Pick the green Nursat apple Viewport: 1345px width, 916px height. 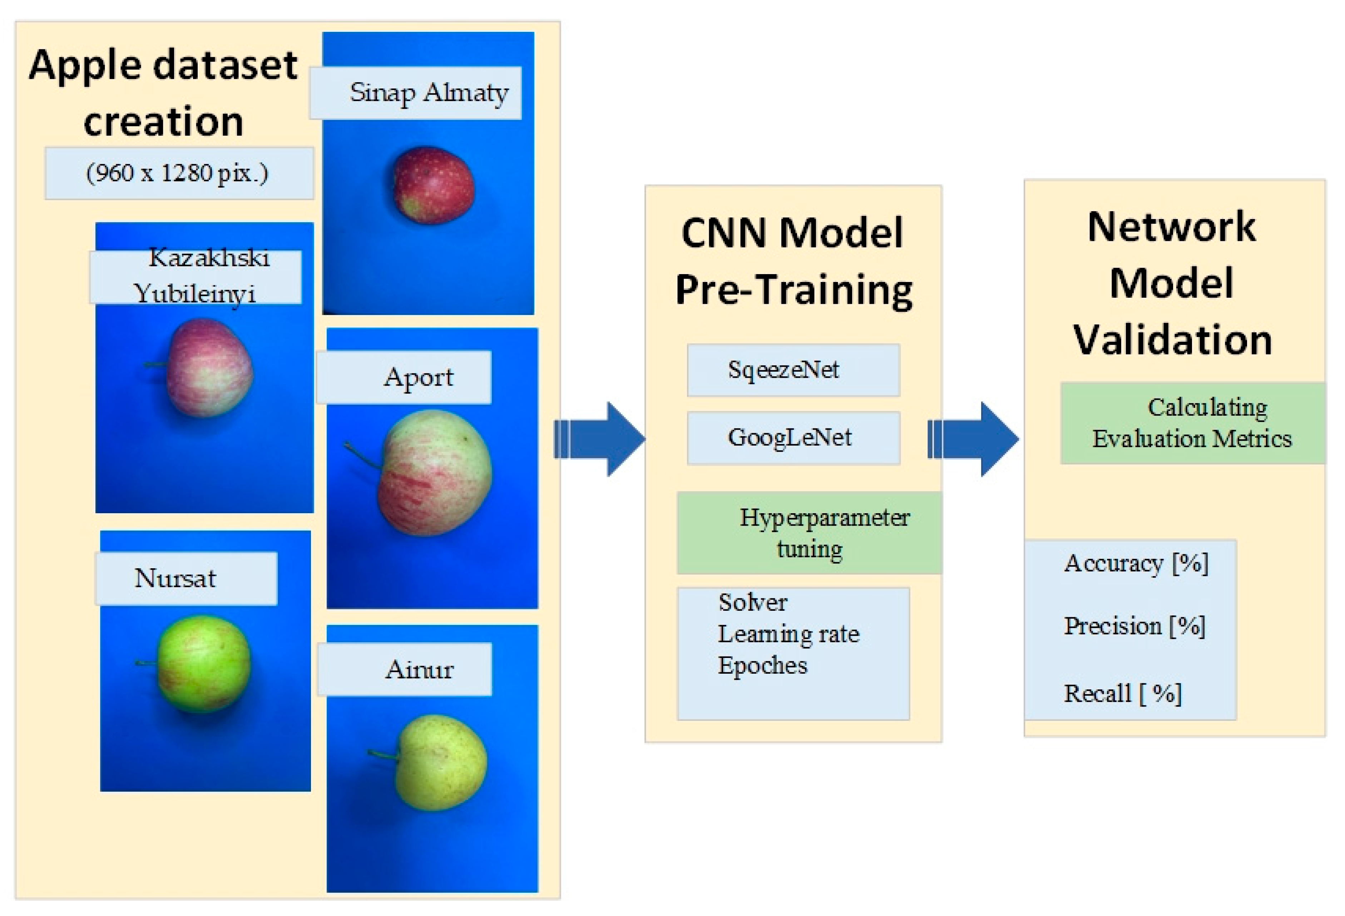204,663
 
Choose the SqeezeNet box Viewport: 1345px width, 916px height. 793,370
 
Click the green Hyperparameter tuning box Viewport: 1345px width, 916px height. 809,533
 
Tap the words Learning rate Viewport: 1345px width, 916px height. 788,634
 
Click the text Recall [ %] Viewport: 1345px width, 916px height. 1122,693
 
